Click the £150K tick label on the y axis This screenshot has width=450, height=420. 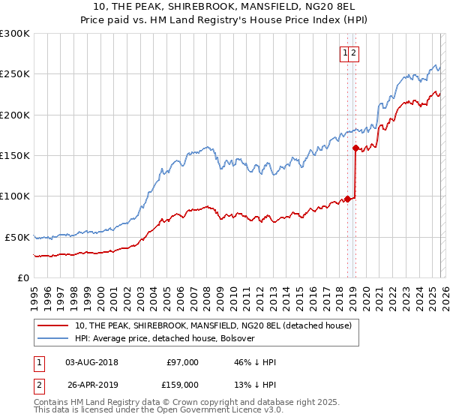pos(15,155)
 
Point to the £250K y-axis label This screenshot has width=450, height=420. pos(15,74)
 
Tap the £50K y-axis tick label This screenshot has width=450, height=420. pos(17,237)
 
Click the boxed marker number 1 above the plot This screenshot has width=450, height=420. pos(345,52)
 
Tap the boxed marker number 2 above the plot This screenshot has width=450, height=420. pos(353,52)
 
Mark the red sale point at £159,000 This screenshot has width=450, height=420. pos(355,148)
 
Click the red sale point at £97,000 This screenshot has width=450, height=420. pos(347,199)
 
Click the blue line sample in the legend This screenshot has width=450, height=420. pos(54,338)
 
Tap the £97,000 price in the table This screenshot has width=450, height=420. pos(182,362)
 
